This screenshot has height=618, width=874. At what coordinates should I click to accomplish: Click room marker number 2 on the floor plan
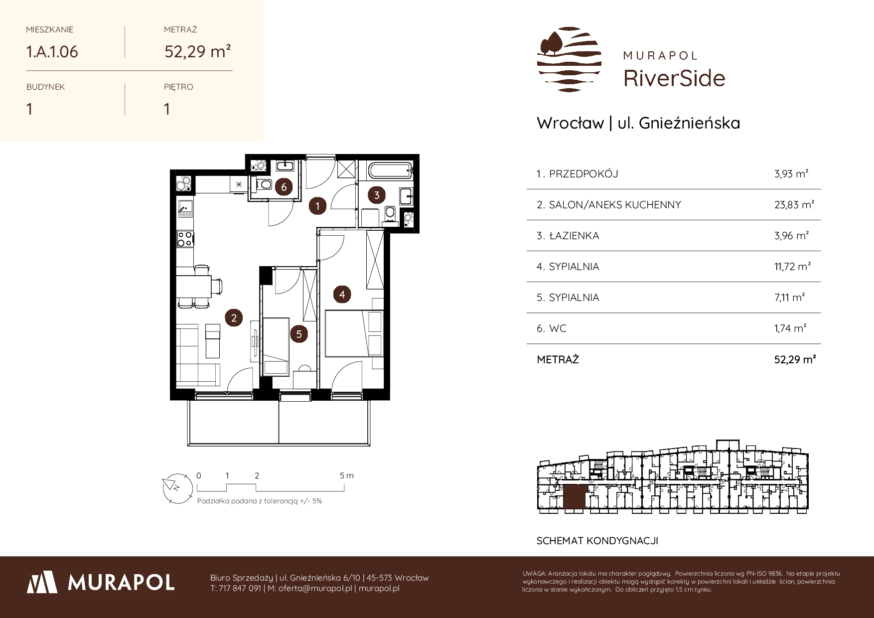tap(234, 317)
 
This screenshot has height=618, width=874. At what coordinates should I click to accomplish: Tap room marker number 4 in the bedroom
tap(342, 295)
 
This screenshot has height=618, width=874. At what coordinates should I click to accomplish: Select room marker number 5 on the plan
tap(299, 333)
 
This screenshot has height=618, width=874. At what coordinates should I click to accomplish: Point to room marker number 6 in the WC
tap(284, 187)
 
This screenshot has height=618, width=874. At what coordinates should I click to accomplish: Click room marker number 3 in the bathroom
tap(377, 195)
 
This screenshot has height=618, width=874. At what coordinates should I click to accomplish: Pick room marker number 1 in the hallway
tap(317, 205)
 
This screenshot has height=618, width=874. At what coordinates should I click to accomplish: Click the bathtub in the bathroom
tap(390, 171)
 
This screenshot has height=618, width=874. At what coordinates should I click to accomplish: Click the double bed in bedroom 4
tap(354, 333)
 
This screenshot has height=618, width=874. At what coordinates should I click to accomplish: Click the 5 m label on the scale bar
tap(347, 475)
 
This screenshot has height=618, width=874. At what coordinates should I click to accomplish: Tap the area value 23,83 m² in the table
tap(794, 204)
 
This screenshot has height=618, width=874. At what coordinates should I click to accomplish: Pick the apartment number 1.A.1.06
tap(52, 52)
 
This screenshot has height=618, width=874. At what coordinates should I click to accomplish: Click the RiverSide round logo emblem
tap(569, 60)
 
